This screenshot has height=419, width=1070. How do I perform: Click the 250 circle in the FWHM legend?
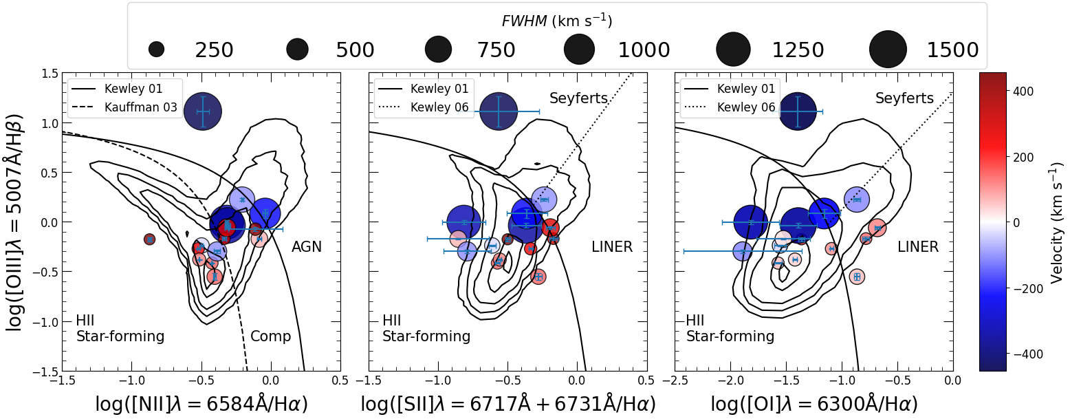click(x=156, y=50)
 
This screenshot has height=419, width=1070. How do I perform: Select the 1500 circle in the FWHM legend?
click(x=888, y=50)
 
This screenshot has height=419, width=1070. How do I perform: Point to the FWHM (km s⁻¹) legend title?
click(x=557, y=21)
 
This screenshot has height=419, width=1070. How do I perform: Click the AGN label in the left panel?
click(x=306, y=246)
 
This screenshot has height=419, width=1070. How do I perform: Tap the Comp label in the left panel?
click(x=270, y=336)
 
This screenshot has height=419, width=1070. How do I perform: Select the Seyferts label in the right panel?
click(x=904, y=98)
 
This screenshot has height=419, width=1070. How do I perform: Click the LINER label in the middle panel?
click(x=611, y=246)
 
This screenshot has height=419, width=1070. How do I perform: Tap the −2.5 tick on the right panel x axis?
click(x=675, y=380)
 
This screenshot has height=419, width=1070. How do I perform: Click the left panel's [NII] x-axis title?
click(x=201, y=405)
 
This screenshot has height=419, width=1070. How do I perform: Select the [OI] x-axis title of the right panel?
click(x=814, y=405)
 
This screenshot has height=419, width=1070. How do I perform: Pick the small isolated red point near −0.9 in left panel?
click(x=149, y=239)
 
